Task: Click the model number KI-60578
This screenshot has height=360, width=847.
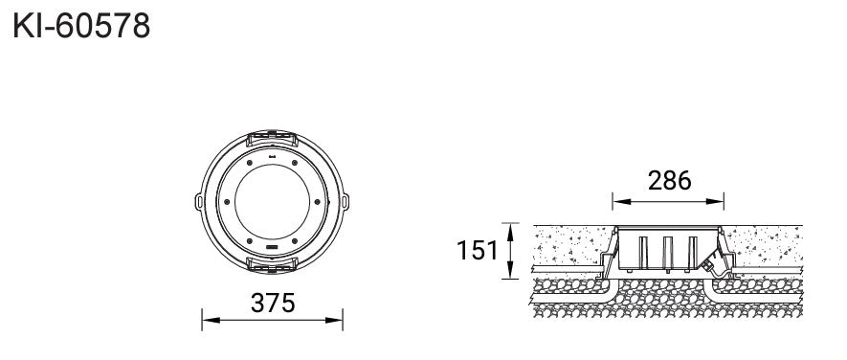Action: coord(81,26)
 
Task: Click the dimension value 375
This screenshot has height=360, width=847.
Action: coord(273,304)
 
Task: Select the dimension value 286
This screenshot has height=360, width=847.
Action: coord(669,181)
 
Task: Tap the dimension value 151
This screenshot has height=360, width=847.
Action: coord(477,250)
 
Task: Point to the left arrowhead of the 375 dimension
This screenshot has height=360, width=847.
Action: coord(211,320)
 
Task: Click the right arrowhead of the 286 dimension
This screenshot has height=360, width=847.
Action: coord(715,202)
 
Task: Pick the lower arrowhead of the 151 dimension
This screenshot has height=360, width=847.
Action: coord(509,270)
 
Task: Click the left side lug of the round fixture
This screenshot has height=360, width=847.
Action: coord(198,202)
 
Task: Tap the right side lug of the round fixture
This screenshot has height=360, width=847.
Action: coord(345,202)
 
